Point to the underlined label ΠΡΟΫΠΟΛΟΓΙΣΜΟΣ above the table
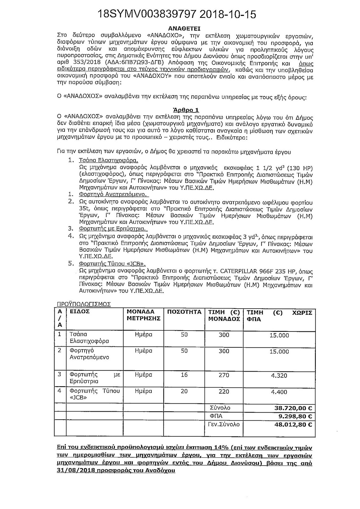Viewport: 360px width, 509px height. point(84,304)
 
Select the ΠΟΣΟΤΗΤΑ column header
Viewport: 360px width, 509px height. point(184,312)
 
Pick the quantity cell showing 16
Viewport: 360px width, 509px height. point(184,375)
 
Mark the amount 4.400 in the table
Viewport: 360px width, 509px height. point(280,392)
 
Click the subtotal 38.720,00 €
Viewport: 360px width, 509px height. point(293,408)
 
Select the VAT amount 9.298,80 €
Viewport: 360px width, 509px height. point(295,416)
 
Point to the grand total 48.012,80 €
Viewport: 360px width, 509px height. point(293,424)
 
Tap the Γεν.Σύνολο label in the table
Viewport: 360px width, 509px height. point(224,424)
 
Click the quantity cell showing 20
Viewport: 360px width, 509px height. point(184,392)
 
